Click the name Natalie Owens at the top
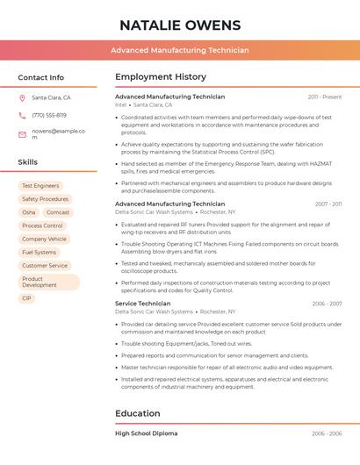point(179,24)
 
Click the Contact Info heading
point(40,77)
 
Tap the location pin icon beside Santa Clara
point(22,98)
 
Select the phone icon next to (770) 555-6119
point(22,115)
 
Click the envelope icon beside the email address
point(22,134)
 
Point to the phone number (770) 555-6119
point(49,115)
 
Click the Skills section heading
point(28,162)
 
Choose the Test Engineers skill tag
point(40,186)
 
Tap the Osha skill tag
point(29,212)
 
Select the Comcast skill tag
point(58,212)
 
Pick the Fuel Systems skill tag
point(39,252)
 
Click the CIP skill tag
point(26,298)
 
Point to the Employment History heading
point(161,77)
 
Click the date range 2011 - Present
point(325,97)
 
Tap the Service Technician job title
point(143,304)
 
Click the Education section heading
point(138,413)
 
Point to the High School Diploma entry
point(147,433)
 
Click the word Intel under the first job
point(121,104)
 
